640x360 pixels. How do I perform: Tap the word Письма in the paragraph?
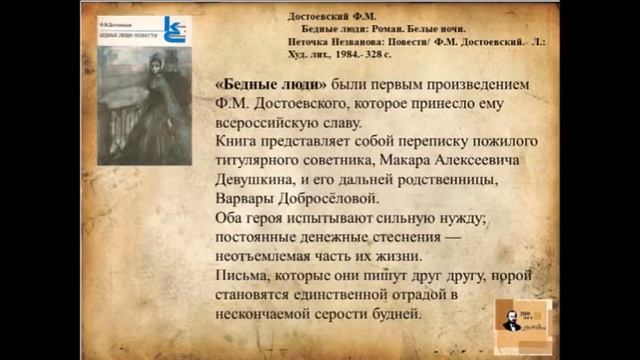point(247,275)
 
